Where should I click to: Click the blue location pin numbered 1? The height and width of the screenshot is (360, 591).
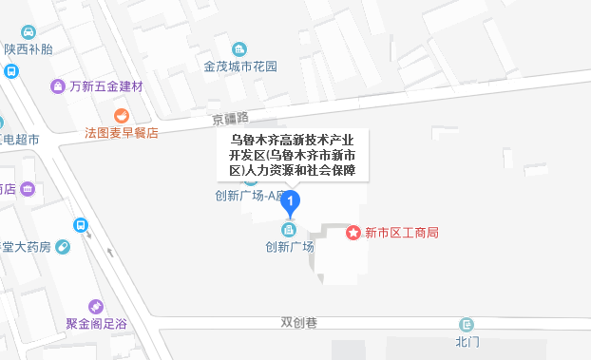pyautogui.click(x=293, y=201)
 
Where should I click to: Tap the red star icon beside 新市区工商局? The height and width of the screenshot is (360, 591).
pyautogui.click(x=353, y=232)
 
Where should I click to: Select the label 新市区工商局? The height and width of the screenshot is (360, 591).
pyautogui.click(x=401, y=233)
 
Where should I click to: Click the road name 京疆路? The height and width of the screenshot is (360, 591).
pyautogui.click(x=230, y=119)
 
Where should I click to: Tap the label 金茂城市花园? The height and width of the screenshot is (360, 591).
pyautogui.click(x=239, y=67)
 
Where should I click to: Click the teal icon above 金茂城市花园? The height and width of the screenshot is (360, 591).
pyautogui.click(x=239, y=48)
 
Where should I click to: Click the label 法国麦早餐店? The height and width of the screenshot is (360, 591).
pyautogui.click(x=121, y=133)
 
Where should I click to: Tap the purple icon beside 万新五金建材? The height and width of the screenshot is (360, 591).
pyautogui.click(x=58, y=86)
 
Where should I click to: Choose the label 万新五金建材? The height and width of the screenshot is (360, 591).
pyautogui.click(x=105, y=86)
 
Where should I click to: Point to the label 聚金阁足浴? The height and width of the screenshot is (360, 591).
pyautogui.click(x=98, y=324)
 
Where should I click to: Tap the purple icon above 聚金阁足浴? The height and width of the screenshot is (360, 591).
pyautogui.click(x=95, y=306)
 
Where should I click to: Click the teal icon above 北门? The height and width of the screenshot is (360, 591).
pyautogui.click(x=466, y=324)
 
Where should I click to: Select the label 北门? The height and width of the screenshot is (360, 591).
pyautogui.click(x=466, y=341)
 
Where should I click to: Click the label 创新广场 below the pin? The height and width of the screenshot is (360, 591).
pyautogui.click(x=289, y=246)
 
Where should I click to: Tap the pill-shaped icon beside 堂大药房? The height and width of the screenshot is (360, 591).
pyautogui.click(x=63, y=248)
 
